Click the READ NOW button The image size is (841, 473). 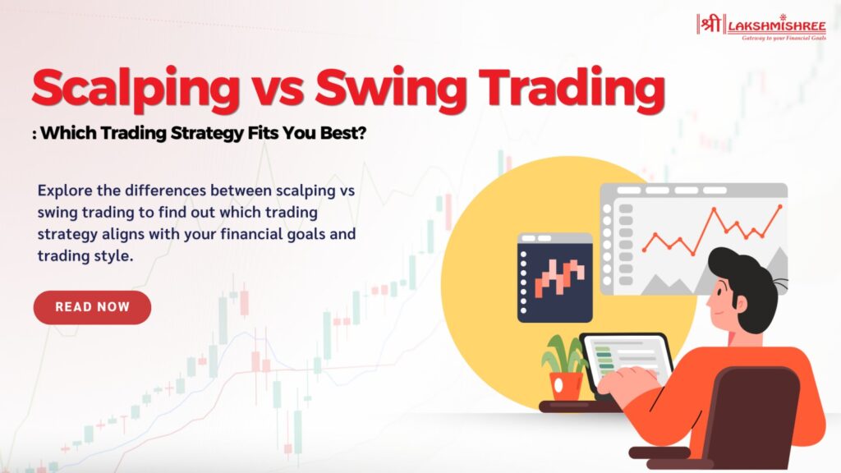point(92,307)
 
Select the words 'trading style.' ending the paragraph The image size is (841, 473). point(85,256)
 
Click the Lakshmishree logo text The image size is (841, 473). point(777,25)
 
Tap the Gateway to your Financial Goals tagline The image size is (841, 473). point(784,38)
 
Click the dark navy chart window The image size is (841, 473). point(555,278)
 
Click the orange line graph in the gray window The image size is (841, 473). point(712,230)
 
